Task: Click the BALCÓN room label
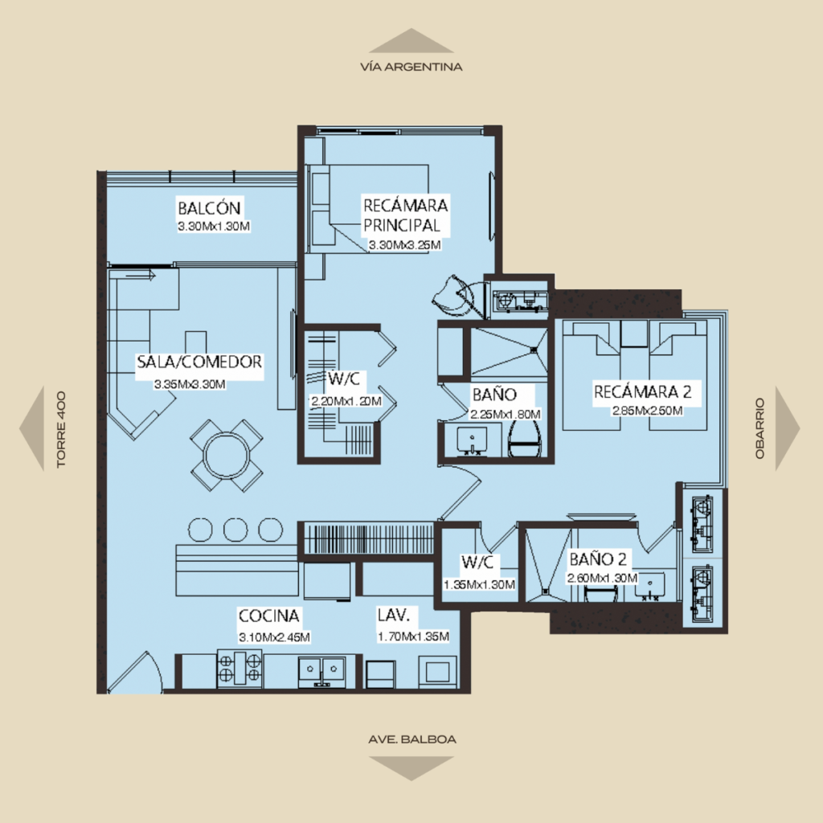[x=209, y=208]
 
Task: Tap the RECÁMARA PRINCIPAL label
[x=405, y=215]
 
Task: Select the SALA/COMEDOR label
[x=199, y=362]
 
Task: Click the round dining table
[x=227, y=456]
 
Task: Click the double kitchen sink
[x=321, y=670]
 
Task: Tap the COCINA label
[x=268, y=615]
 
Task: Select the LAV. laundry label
[x=393, y=615]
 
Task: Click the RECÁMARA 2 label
[x=642, y=391]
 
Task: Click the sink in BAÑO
[x=472, y=440]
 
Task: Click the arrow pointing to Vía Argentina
[x=411, y=41]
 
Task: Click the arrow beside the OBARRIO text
[x=788, y=428]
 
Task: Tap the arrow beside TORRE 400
[x=31, y=428]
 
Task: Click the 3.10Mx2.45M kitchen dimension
[x=274, y=637]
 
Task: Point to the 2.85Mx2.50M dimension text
[x=647, y=411]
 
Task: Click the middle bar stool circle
[x=235, y=530]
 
